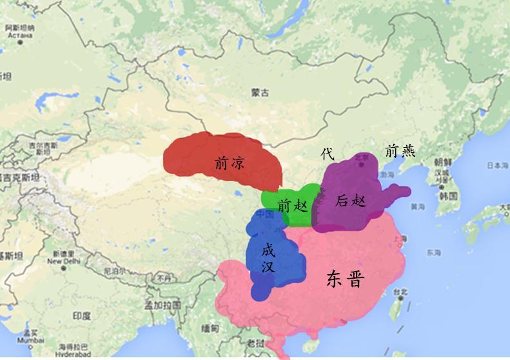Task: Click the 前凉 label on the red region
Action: (x=230, y=163)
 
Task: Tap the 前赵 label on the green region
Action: (x=293, y=206)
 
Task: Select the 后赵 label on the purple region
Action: (x=351, y=201)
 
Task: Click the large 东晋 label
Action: (x=345, y=279)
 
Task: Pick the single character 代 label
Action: (x=328, y=154)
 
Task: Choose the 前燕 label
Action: (x=400, y=151)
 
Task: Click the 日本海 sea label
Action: (x=496, y=166)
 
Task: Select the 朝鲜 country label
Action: (x=442, y=162)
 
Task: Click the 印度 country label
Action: (x=82, y=315)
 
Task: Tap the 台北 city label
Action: (x=402, y=292)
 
